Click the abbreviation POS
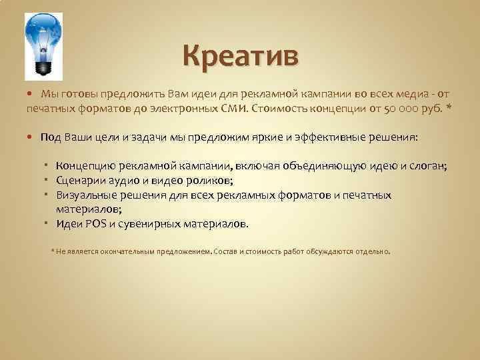coord(96,224)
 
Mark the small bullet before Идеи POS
coord(51,223)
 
